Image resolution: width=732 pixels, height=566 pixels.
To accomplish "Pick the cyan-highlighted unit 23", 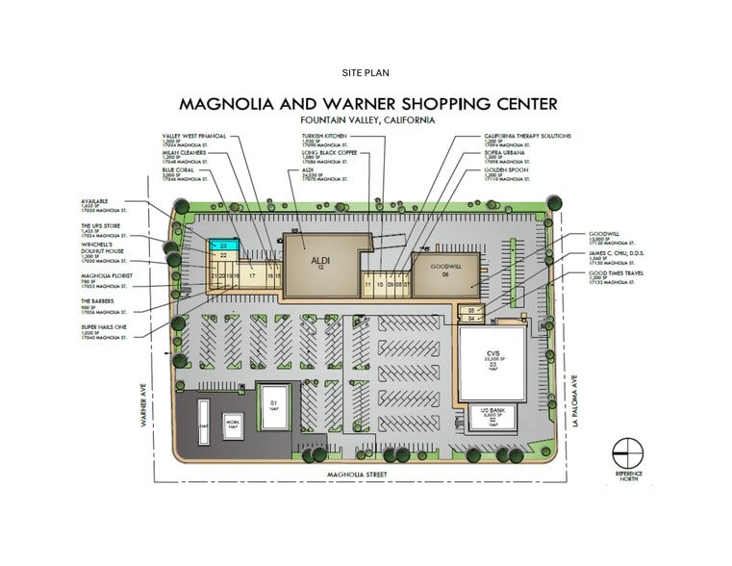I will point(222,246).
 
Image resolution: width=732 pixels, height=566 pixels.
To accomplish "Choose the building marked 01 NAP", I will point(273,404).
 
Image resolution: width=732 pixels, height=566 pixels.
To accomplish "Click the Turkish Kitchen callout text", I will point(323,137).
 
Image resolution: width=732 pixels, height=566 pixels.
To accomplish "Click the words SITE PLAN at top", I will point(366,73).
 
